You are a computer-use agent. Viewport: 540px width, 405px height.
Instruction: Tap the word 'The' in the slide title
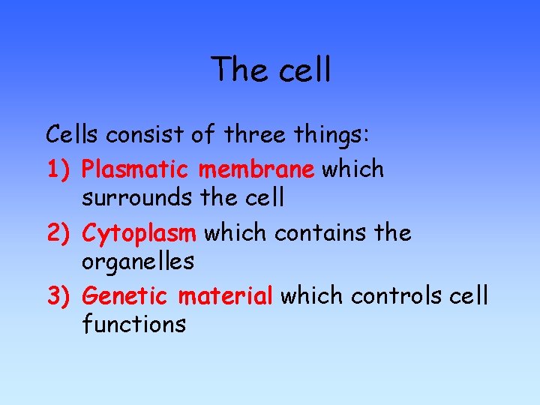coord(236,70)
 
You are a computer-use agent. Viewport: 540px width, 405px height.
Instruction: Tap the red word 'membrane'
coord(256,169)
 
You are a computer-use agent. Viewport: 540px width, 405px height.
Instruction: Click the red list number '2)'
coord(59,234)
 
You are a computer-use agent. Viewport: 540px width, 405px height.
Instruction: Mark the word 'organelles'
coord(139,262)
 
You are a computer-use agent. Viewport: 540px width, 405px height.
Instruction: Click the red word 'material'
coord(226,296)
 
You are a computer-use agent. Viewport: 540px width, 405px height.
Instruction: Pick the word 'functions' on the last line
coord(134,325)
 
